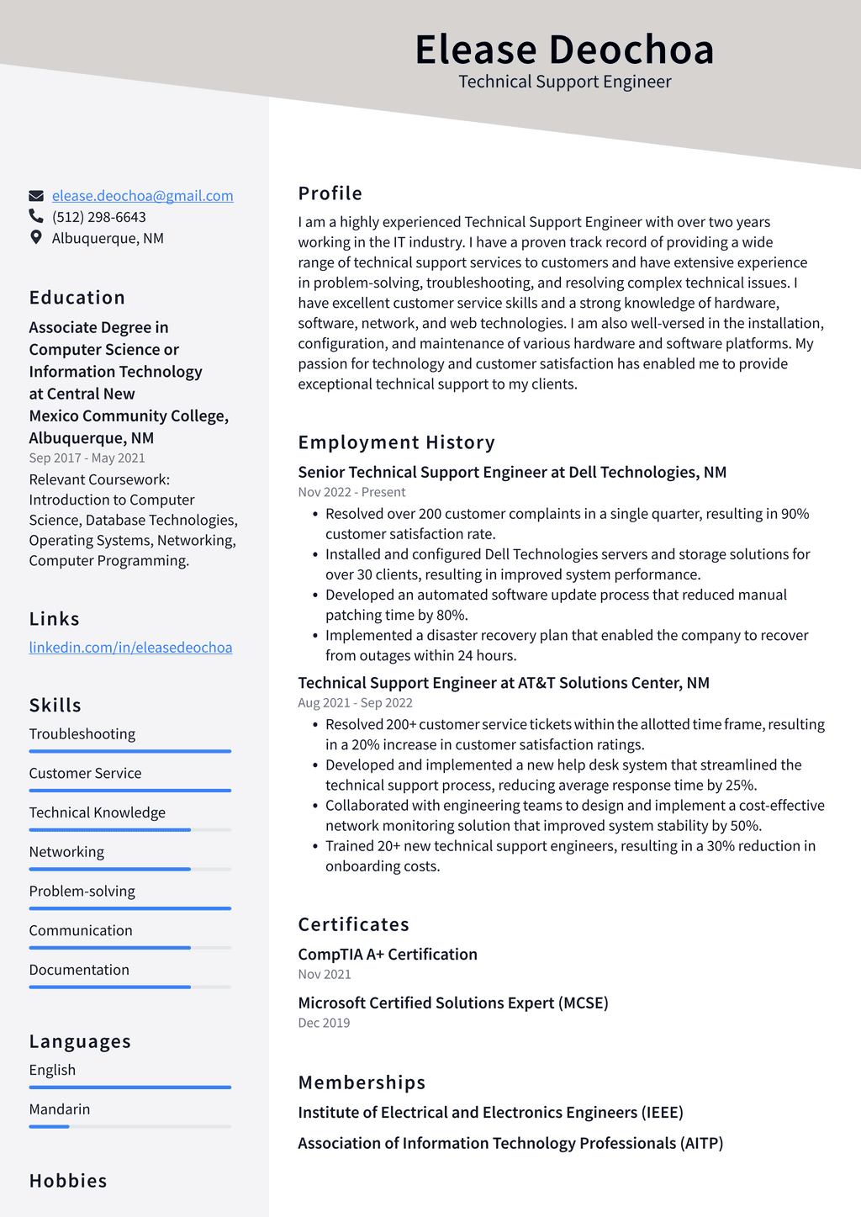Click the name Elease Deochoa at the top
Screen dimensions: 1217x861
click(x=564, y=50)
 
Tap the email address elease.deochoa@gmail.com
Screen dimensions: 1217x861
click(x=142, y=196)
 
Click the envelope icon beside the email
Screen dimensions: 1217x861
click(x=36, y=196)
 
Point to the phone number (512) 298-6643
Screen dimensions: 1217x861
click(x=98, y=217)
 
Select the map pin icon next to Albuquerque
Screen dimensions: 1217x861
click(x=36, y=238)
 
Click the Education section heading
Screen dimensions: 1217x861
click(x=77, y=298)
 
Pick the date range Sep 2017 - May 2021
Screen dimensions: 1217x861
click(x=87, y=458)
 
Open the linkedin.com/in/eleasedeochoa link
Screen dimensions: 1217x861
click(x=130, y=648)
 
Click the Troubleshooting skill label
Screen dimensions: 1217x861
click(x=82, y=734)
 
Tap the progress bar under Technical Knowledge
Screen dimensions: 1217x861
click(x=129, y=830)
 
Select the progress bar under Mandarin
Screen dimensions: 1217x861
click(x=129, y=1127)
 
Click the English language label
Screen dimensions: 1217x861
click(x=52, y=1070)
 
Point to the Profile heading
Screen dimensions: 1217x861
click(x=330, y=193)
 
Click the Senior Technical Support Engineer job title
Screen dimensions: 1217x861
click(x=512, y=473)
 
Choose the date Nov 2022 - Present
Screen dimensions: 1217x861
click(x=351, y=493)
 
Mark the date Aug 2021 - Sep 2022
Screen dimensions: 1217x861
click(x=355, y=703)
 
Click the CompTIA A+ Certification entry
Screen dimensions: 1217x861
click(x=388, y=955)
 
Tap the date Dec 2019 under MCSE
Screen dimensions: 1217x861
click(x=324, y=1024)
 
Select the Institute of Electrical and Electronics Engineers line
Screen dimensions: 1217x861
click(x=490, y=1113)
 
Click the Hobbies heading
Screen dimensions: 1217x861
click(x=68, y=1181)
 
